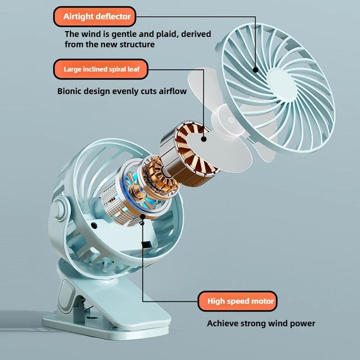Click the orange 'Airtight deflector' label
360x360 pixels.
tap(97, 17)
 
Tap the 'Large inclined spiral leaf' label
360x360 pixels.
tap(100, 70)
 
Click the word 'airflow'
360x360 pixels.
tap(171, 91)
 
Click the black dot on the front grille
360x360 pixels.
tap(255, 70)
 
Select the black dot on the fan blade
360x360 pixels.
tap(204, 139)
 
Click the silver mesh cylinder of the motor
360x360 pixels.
tap(119, 202)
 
